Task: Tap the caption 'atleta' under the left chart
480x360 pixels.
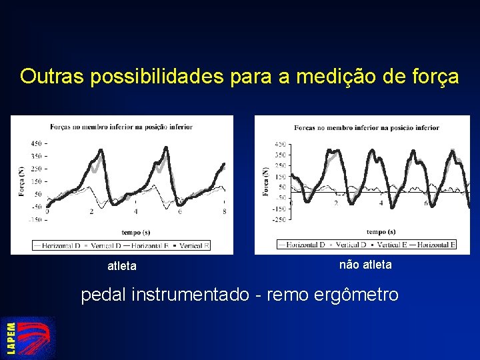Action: coord(122,267)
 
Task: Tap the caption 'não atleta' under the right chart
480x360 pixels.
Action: coord(365,265)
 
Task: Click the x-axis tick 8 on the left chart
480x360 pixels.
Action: coord(224,212)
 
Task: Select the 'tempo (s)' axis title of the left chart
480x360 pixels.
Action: coord(136,233)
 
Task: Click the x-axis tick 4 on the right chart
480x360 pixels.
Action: coord(381,203)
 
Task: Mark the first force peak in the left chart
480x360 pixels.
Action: coord(99,150)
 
